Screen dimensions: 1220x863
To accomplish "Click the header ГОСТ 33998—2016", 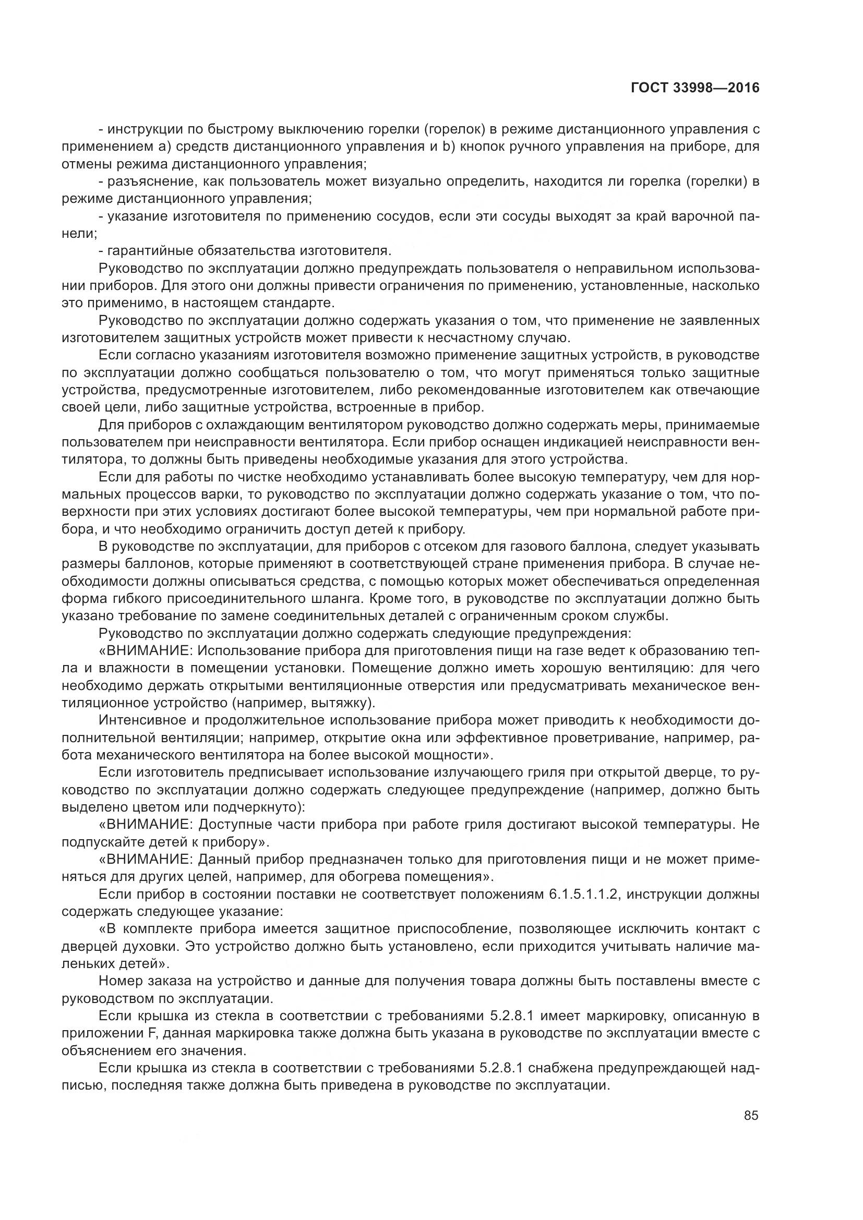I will [x=694, y=88].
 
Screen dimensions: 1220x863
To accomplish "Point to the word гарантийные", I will [x=151, y=250].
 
